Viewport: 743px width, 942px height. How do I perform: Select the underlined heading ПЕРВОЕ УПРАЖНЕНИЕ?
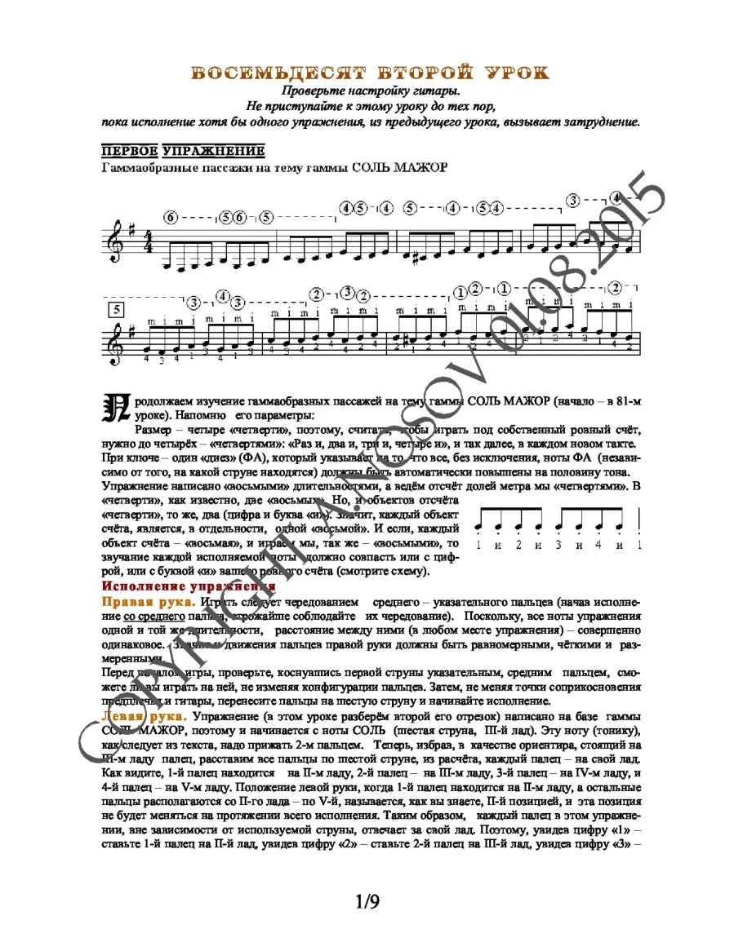183,151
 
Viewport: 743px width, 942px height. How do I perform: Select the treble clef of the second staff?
114,342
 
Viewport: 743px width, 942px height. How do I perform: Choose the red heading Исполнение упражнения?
188,586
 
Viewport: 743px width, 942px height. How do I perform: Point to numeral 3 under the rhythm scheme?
559,545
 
